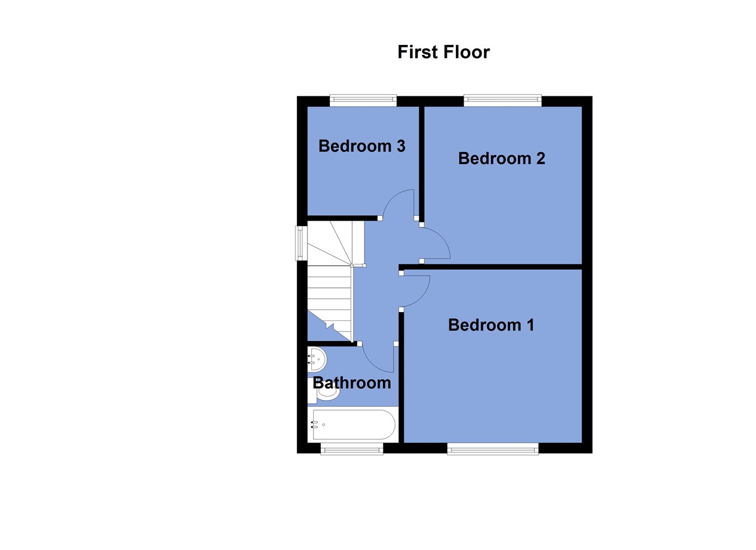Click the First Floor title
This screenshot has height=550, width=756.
pyautogui.click(x=444, y=52)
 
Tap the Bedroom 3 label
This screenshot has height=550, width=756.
pyautogui.click(x=362, y=146)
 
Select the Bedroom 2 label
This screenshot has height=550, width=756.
pyautogui.click(x=501, y=159)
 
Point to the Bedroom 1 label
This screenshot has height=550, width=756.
pyautogui.click(x=491, y=325)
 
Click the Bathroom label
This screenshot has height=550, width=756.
pyautogui.click(x=352, y=383)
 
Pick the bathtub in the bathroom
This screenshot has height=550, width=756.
pyautogui.click(x=353, y=425)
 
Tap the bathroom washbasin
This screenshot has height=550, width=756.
pyautogui.click(x=316, y=359)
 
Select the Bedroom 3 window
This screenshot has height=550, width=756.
pyautogui.click(x=363, y=101)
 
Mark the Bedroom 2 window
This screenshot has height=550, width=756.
pyautogui.click(x=502, y=101)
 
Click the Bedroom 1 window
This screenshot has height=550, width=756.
pyautogui.click(x=493, y=449)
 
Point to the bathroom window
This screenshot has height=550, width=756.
pyautogui.click(x=352, y=449)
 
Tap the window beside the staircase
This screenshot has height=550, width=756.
pyautogui.click(x=301, y=243)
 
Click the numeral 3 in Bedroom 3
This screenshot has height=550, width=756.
pyautogui.click(x=400, y=146)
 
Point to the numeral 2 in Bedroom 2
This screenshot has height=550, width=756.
pyautogui.click(x=540, y=159)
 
